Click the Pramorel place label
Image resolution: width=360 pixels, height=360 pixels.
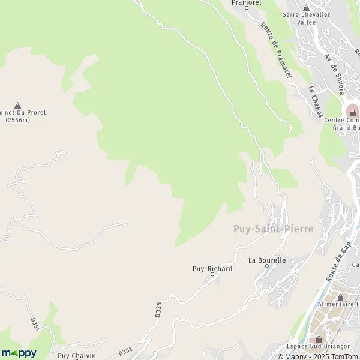point(246,2)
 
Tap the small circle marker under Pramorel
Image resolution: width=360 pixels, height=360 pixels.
point(246,8)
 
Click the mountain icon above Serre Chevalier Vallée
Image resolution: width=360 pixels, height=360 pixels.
point(305,8)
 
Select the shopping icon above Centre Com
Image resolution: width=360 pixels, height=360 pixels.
point(353,112)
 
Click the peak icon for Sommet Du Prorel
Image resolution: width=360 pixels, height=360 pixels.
point(17,105)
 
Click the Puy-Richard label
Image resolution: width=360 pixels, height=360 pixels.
point(212,269)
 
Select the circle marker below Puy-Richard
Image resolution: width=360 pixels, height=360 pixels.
point(212,275)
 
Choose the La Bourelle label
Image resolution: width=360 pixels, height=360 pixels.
point(267,260)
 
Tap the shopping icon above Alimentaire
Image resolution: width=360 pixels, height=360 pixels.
point(340,296)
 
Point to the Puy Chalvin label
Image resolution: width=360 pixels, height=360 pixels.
point(76,355)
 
